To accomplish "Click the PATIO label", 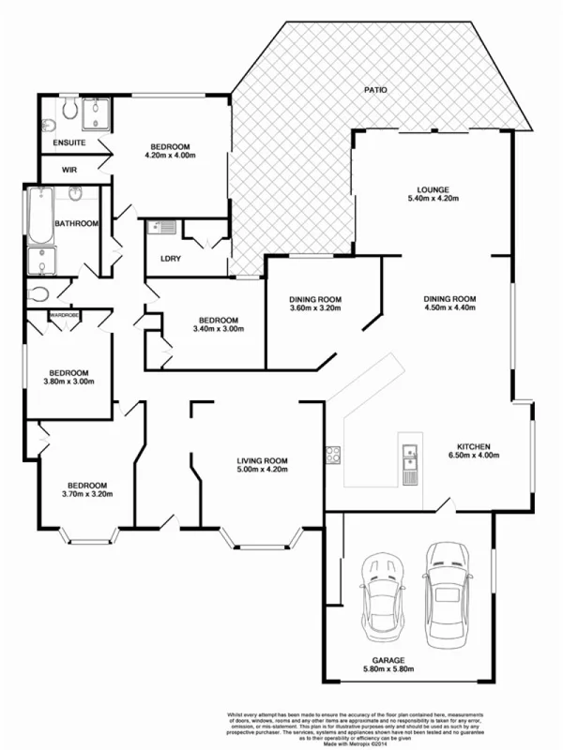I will pyautogui.click(x=374, y=90).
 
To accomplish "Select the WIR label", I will pyautogui.click(x=69, y=170).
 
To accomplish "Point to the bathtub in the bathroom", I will pyautogui.click(x=38, y=217).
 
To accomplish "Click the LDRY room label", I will pyautogui.click(x=171, y=258).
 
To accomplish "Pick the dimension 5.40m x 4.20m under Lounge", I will pyautogui.click(x=434, y=198).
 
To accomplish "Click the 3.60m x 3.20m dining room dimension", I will pyautogui.click(x=315, y=308).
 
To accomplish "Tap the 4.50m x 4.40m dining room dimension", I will pyautogui.click(x=451, y=307).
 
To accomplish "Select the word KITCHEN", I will pyautogui.click(x=474, y=446).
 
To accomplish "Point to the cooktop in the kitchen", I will pyautogui.click(x=332, y=457).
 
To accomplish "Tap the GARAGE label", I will pyautogui.click(x=388, y=659).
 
